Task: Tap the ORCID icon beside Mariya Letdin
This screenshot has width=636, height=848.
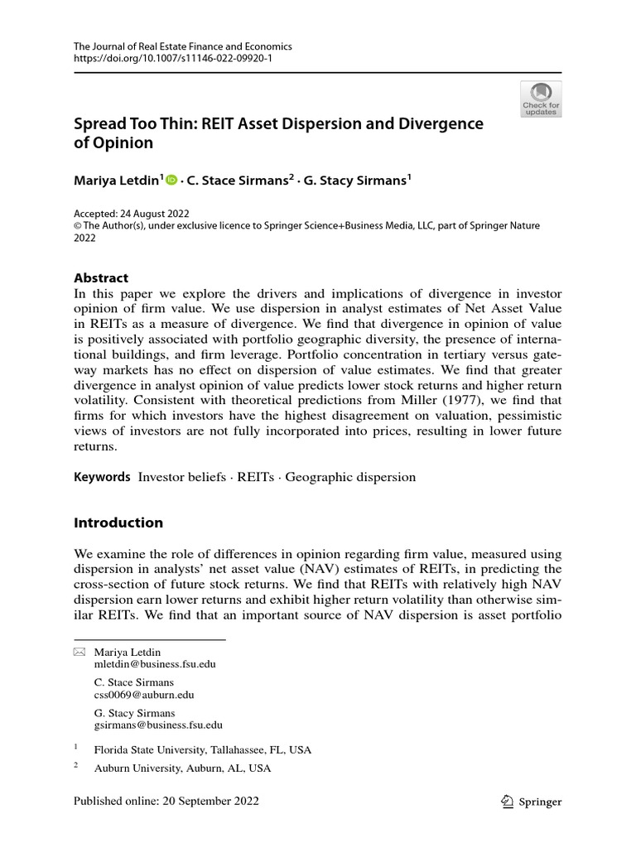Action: coord(171,178)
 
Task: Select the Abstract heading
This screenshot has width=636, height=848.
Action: coord(102,278)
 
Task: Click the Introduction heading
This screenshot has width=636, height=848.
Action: coord(118,523)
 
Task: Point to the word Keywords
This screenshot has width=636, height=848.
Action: coord(103,477)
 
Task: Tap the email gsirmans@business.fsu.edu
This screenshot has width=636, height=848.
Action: coord(158,725)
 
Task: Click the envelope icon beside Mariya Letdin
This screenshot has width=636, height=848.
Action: coord(79,653)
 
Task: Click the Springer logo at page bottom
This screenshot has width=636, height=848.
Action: coord(532,801)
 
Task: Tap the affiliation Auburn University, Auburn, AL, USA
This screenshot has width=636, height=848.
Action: coord(182,768)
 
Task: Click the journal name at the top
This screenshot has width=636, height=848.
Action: coord(182,47)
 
